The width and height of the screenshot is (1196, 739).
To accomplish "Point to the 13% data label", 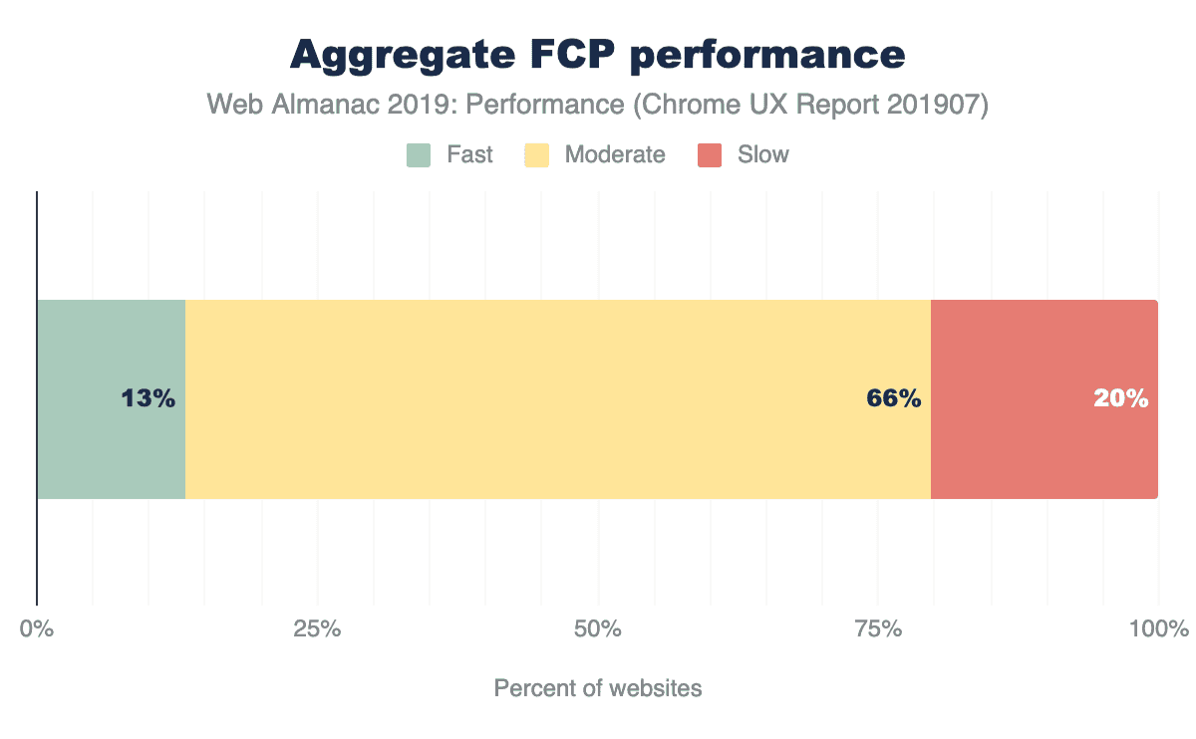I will pyautogui.click(x=149, y=398).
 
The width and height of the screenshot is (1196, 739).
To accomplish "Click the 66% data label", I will pyautogui.click(x=893, y=398).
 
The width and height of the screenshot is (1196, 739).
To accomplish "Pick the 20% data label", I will pyautogui.click(x=1120, y=398).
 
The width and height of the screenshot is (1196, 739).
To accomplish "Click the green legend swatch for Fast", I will pyautogui.click(x=419, y=155).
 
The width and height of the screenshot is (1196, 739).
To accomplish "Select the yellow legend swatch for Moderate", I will pyautogui.click(x=537, y=155).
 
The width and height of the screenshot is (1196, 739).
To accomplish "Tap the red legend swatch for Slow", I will pyautogui.click(x=710, y=155).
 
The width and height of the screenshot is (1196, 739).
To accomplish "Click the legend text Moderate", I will pyautogui.click(x=615, y=155).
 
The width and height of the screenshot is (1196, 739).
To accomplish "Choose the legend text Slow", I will pyautogui.click(x=763, y=155).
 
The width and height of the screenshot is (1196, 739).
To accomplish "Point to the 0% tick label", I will pyautogui.click(x=37, y=629).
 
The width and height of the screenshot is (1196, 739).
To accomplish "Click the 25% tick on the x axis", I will pyautogui.click(x=317, y=629).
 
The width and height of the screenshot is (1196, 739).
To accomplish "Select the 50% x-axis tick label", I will pyautogui.click(x=598, y=629).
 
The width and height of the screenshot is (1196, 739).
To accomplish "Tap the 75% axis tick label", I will pyautogui.click(x=878, y=629).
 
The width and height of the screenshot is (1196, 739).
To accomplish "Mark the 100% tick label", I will pyautogui.click(x=1158, y=629).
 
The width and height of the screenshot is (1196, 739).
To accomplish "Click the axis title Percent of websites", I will pyautogui.click(x=598, y=688).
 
